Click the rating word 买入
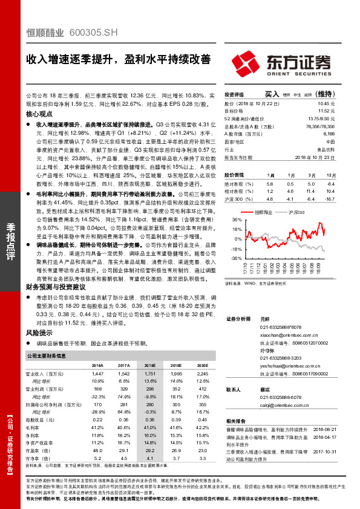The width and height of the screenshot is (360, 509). coord(272,94)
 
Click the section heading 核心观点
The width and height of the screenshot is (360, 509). coord(41,114)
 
